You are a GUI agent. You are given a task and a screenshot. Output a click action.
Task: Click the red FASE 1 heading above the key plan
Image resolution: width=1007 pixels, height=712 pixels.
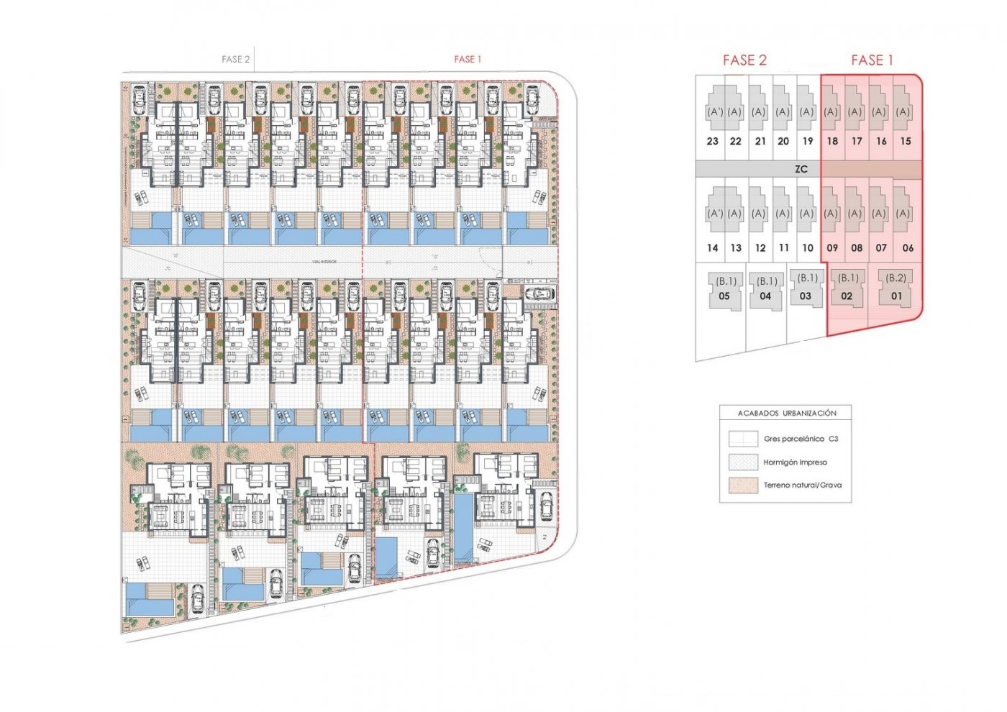pos(872,60)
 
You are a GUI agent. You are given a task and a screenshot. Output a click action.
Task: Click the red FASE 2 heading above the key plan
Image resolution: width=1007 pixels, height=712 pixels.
pos(744,60)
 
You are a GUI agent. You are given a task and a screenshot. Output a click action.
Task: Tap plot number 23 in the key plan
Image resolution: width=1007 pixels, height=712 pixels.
pos(713,142)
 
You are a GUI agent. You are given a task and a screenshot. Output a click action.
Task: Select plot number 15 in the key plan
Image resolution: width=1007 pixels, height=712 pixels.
pos(906,142)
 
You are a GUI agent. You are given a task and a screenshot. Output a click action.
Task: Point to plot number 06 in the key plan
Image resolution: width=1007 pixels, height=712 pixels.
pos(908,248)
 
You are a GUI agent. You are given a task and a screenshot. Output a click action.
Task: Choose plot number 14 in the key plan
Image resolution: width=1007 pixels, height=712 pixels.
pos(713,248)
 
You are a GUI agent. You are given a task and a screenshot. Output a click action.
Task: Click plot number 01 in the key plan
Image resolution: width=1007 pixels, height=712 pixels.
pos(896,296)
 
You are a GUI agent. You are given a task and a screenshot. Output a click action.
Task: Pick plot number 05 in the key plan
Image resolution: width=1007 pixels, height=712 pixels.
pos(724,296)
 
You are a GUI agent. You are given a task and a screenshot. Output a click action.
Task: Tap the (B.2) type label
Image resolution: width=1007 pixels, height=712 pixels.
pos(896,278)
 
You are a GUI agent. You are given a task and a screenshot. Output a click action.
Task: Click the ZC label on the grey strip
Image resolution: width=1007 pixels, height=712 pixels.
pos(801,169)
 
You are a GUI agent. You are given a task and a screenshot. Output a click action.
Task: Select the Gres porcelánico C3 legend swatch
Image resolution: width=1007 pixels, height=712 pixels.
pos(743,439)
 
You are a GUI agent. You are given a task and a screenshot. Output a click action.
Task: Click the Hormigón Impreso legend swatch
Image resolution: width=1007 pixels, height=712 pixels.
pos(743,462)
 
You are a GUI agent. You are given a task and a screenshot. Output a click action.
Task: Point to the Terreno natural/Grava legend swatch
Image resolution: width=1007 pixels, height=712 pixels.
pos(743,485)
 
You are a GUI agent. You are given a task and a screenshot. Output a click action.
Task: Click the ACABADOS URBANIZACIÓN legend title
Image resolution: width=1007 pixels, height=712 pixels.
pos(787,414)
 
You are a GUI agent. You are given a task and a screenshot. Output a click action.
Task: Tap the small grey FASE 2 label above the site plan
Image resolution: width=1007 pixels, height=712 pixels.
pos(236,60)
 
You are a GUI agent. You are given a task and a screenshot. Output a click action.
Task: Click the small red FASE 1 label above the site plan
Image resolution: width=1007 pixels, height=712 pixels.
pos(468,60)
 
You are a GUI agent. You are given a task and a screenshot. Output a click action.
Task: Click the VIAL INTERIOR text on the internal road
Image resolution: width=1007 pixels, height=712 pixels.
pos(324,262)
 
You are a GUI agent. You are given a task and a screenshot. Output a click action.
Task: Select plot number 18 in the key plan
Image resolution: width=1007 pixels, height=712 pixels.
pos(832,142)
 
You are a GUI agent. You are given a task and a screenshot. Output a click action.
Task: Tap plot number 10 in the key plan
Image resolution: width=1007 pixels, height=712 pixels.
pos(808,248)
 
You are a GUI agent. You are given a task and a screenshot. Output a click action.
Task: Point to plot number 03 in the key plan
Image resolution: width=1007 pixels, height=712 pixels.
pos(806,296)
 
